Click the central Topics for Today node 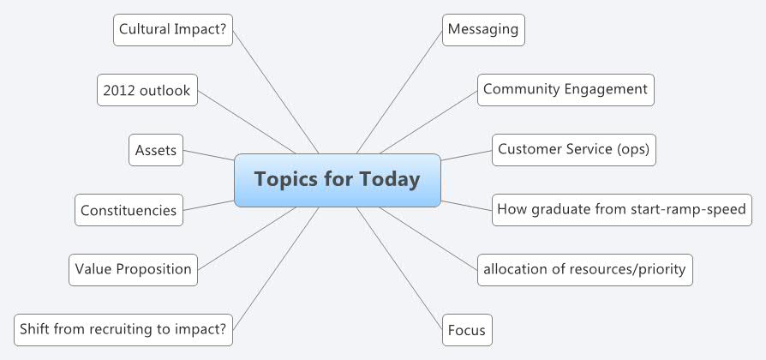[x=337, y=180]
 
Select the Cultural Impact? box [x=172, y=29]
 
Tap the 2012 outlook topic [x=146, y=90]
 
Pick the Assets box [x=156, y=151]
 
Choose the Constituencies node [x=129, y=210]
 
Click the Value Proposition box [x=133, y=269]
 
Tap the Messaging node [x=483, y=29]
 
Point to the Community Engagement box [x=566, y=89]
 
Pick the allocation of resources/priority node [x=584, y=269]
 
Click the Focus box [x=467, y=330]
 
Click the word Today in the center [x=391, y=180]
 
